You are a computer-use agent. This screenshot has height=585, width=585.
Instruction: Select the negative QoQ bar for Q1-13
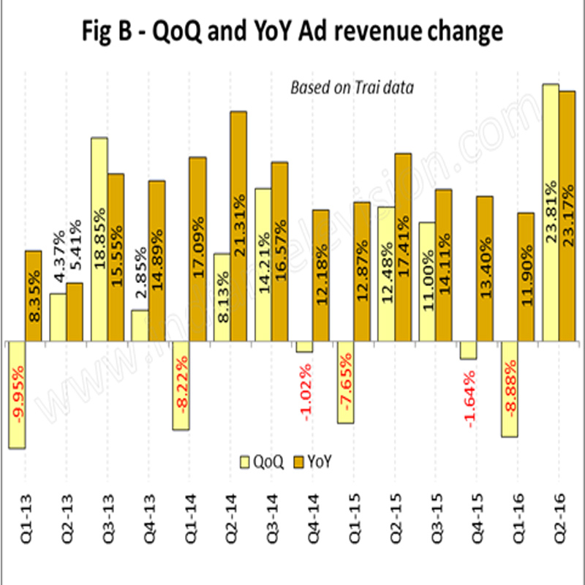pyautogui.click(x=16, y=395)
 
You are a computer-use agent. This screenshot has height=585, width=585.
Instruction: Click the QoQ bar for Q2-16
pyautogui.click(x=551, y=212)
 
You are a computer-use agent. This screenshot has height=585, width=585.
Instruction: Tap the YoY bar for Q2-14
pyautogui.click(x=238, y=226)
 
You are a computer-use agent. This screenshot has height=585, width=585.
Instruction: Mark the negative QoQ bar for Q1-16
pyautogui.click(x=510, y=389)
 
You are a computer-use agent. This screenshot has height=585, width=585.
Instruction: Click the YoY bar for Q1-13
pyautogui.click(x=34, y=296)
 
